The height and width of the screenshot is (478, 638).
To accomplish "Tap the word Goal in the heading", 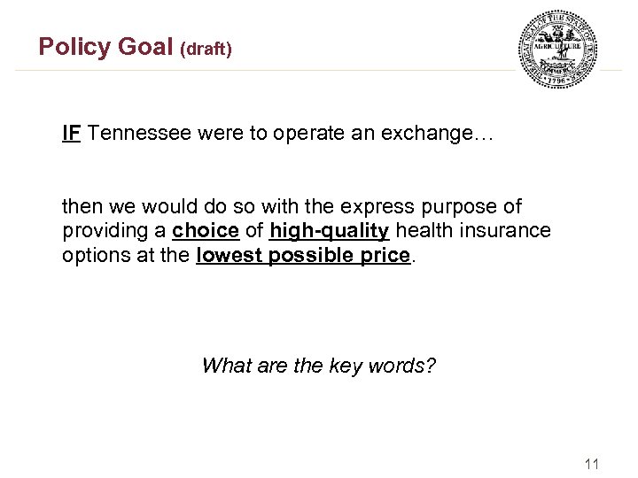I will click(144, 47).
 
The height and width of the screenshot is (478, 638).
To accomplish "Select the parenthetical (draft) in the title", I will click(206, 50).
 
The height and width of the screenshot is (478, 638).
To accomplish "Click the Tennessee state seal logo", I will click(557, 49).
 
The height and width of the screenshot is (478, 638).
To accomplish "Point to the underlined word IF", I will click(72, 134).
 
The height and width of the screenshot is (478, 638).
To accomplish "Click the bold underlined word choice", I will click(206, 232).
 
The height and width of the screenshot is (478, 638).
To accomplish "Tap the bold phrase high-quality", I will click(330, 232).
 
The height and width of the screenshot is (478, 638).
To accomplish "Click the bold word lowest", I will click(229, 257).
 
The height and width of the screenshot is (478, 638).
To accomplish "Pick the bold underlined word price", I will click(386, 257).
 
